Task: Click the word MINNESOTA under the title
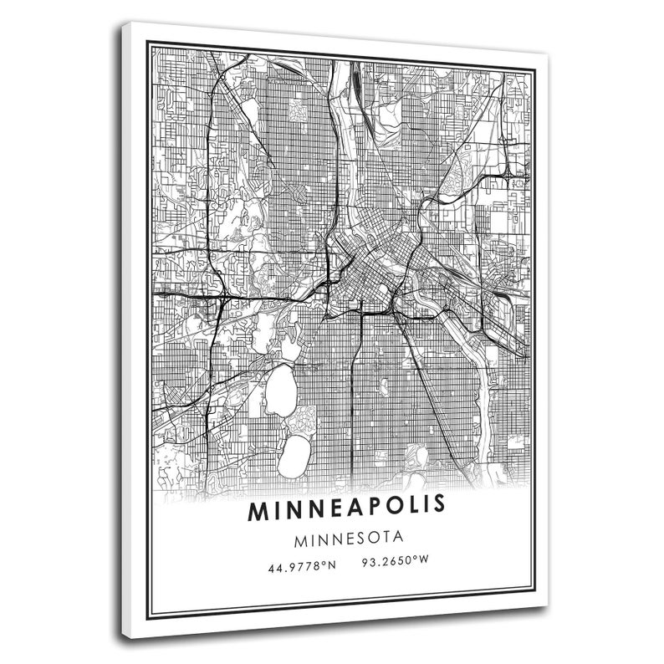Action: pyautogui.click(x=347, y=536)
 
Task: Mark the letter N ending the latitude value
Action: pyautogui.click(x=331, y=566)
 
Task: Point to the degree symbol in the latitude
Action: pyautogui.click(x=324, y=564)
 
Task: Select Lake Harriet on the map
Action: pyautogui.click(x=294, y=456)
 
